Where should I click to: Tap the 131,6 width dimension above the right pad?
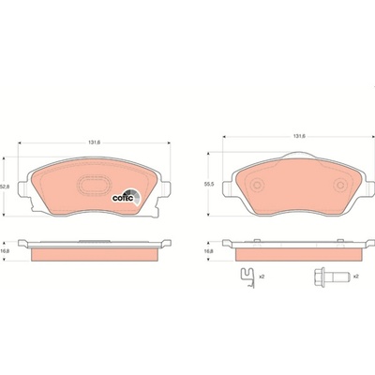click(299, 136)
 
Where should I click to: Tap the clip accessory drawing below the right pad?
click(248, 278)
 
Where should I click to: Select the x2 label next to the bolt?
click(355, 277)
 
